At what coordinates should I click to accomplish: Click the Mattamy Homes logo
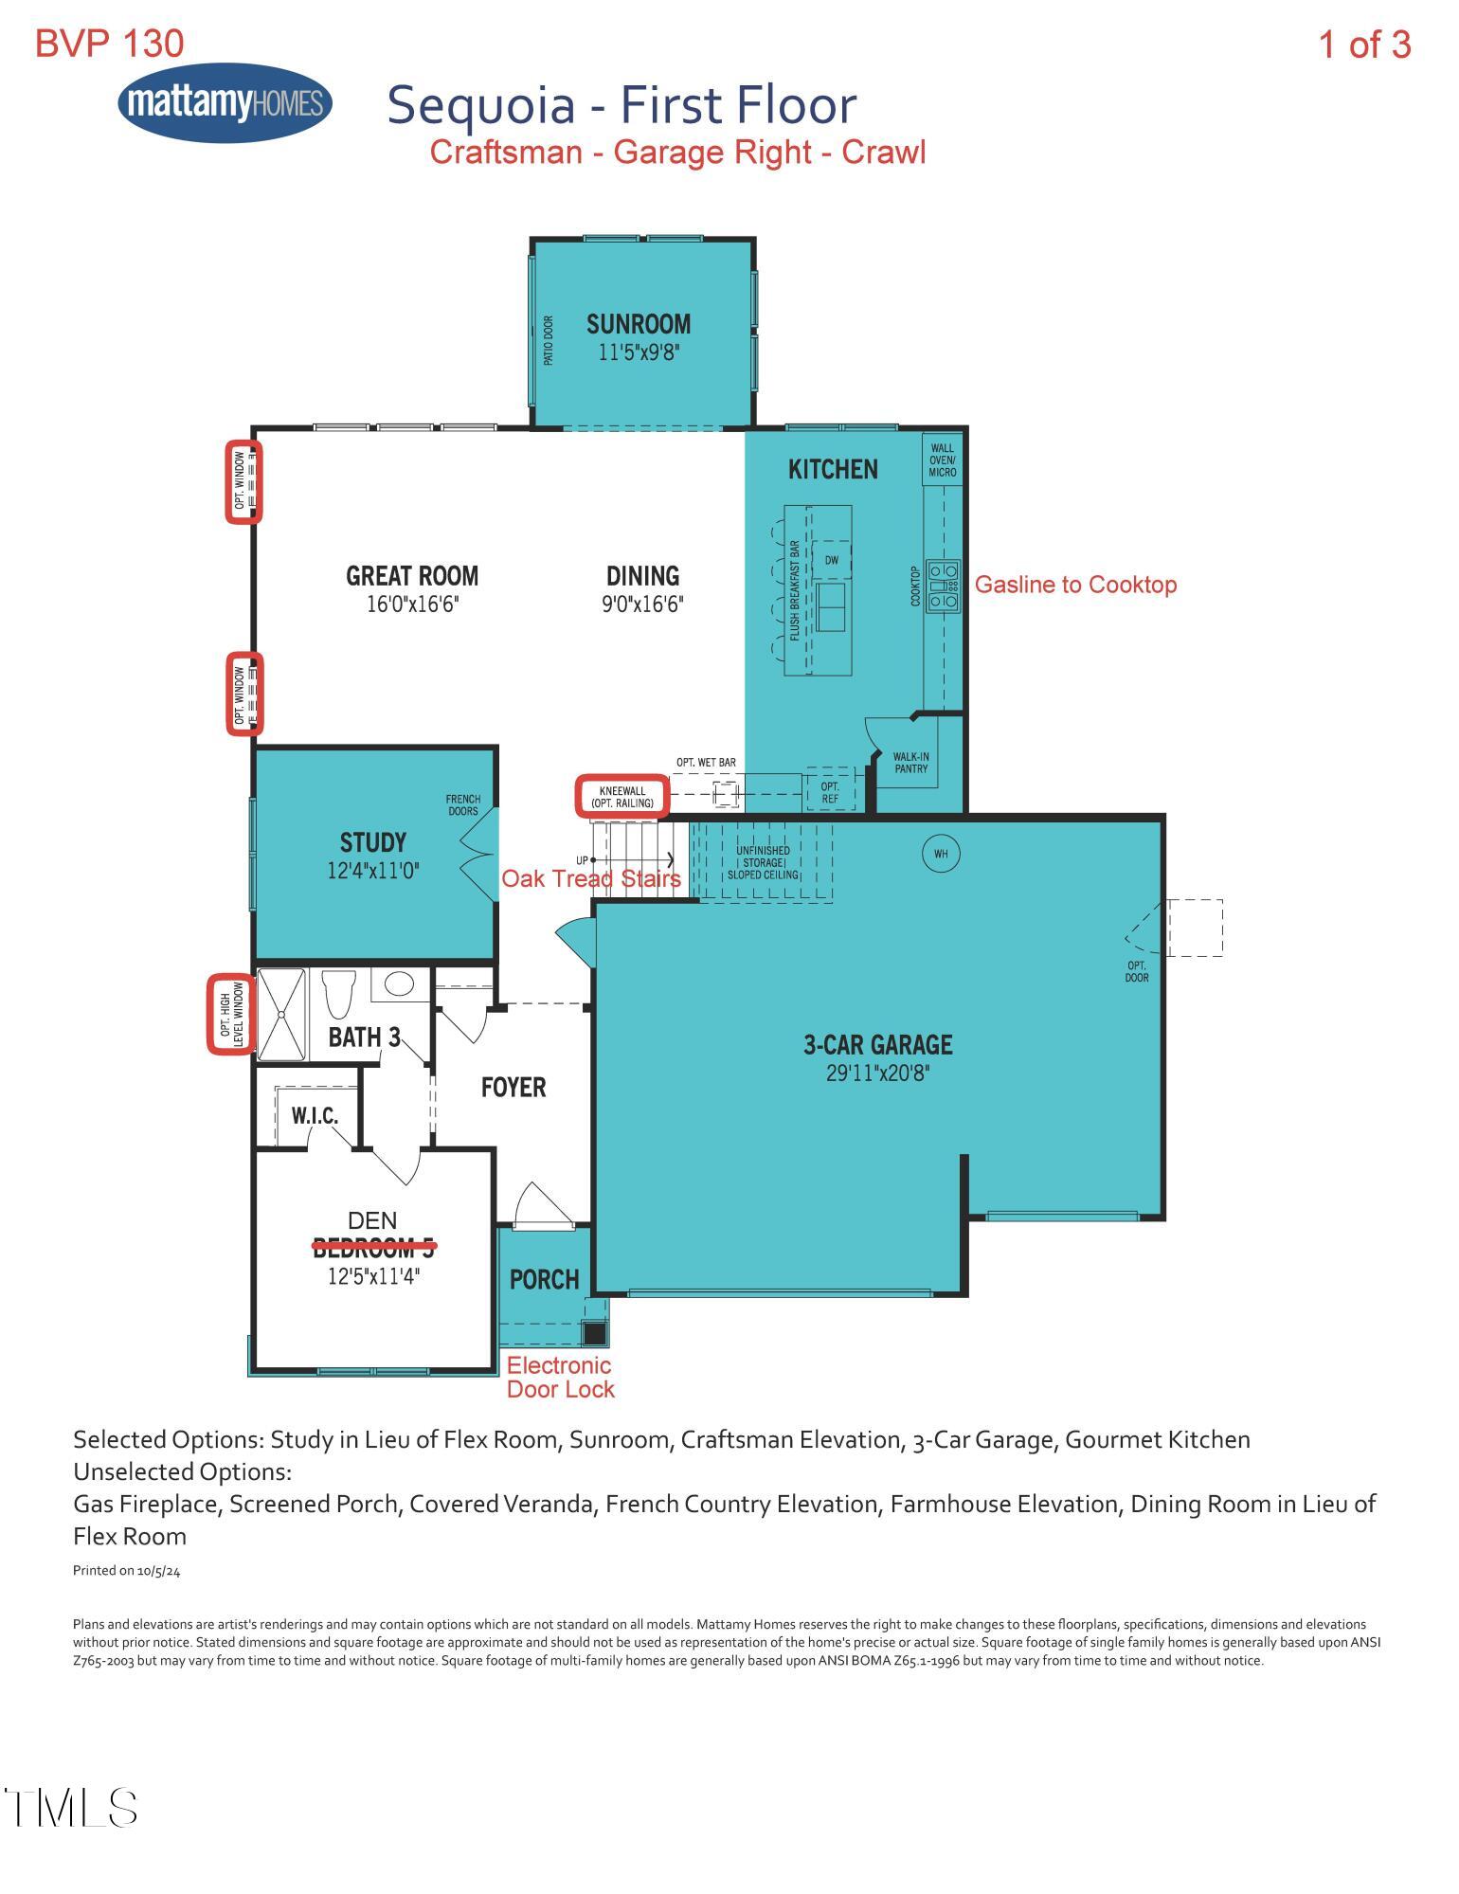point(225,102)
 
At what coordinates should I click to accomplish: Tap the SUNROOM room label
point(639,325)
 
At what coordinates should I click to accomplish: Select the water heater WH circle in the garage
point(941,855)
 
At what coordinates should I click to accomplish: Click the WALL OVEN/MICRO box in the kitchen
point(943,460)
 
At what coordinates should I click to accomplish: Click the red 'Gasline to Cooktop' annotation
point(1076,585)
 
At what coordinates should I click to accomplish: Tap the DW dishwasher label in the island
point(831,560)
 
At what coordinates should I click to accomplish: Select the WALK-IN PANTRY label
point(911,763)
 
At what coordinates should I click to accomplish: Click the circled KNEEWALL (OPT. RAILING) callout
point(622,796)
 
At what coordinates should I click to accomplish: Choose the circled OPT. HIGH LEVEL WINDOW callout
point(232,1014)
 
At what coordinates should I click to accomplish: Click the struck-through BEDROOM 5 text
point(374,1248)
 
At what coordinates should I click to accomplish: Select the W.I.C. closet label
point(314,1116)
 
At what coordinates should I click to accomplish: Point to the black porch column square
point(594,1333)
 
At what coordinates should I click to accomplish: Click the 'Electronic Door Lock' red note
point(561,1378)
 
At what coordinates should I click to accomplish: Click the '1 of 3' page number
point(1365,45)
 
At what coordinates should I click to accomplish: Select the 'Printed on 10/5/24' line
point(127,1571)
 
